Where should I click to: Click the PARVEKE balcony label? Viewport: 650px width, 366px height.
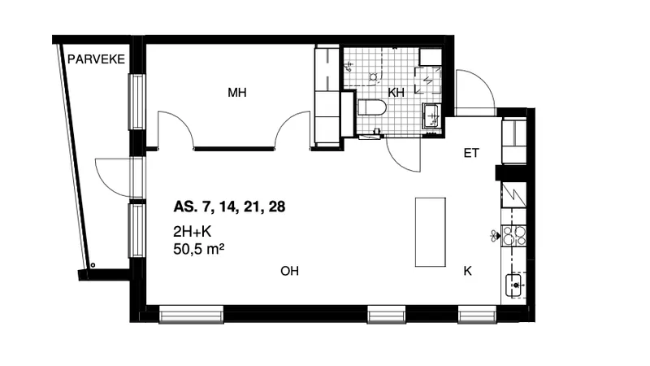coord(96,59)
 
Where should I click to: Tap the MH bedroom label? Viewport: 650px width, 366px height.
coord(237,92)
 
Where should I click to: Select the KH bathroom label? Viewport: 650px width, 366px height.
coord(396,92)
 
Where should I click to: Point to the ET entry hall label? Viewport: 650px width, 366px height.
coord(471,153)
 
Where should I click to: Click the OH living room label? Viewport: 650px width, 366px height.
coord(289,271)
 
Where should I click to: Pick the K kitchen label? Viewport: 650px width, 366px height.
coord(468,271)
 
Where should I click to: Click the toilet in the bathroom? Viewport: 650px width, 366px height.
coord(372,108)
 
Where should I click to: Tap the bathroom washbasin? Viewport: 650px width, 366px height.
coord(432,115)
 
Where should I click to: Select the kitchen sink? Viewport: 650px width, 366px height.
coord(514,285)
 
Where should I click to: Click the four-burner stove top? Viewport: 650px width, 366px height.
coord(514,236)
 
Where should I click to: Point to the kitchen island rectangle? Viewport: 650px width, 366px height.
coord(431,232)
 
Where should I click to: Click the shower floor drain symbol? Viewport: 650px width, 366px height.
coord(373,76)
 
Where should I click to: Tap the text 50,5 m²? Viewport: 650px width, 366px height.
coord(199,249)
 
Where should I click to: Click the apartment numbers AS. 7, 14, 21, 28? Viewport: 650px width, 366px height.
coord(229,207)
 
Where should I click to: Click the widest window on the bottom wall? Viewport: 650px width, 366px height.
coord(192,315)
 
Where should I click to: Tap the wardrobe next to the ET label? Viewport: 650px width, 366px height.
coord(514,141)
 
